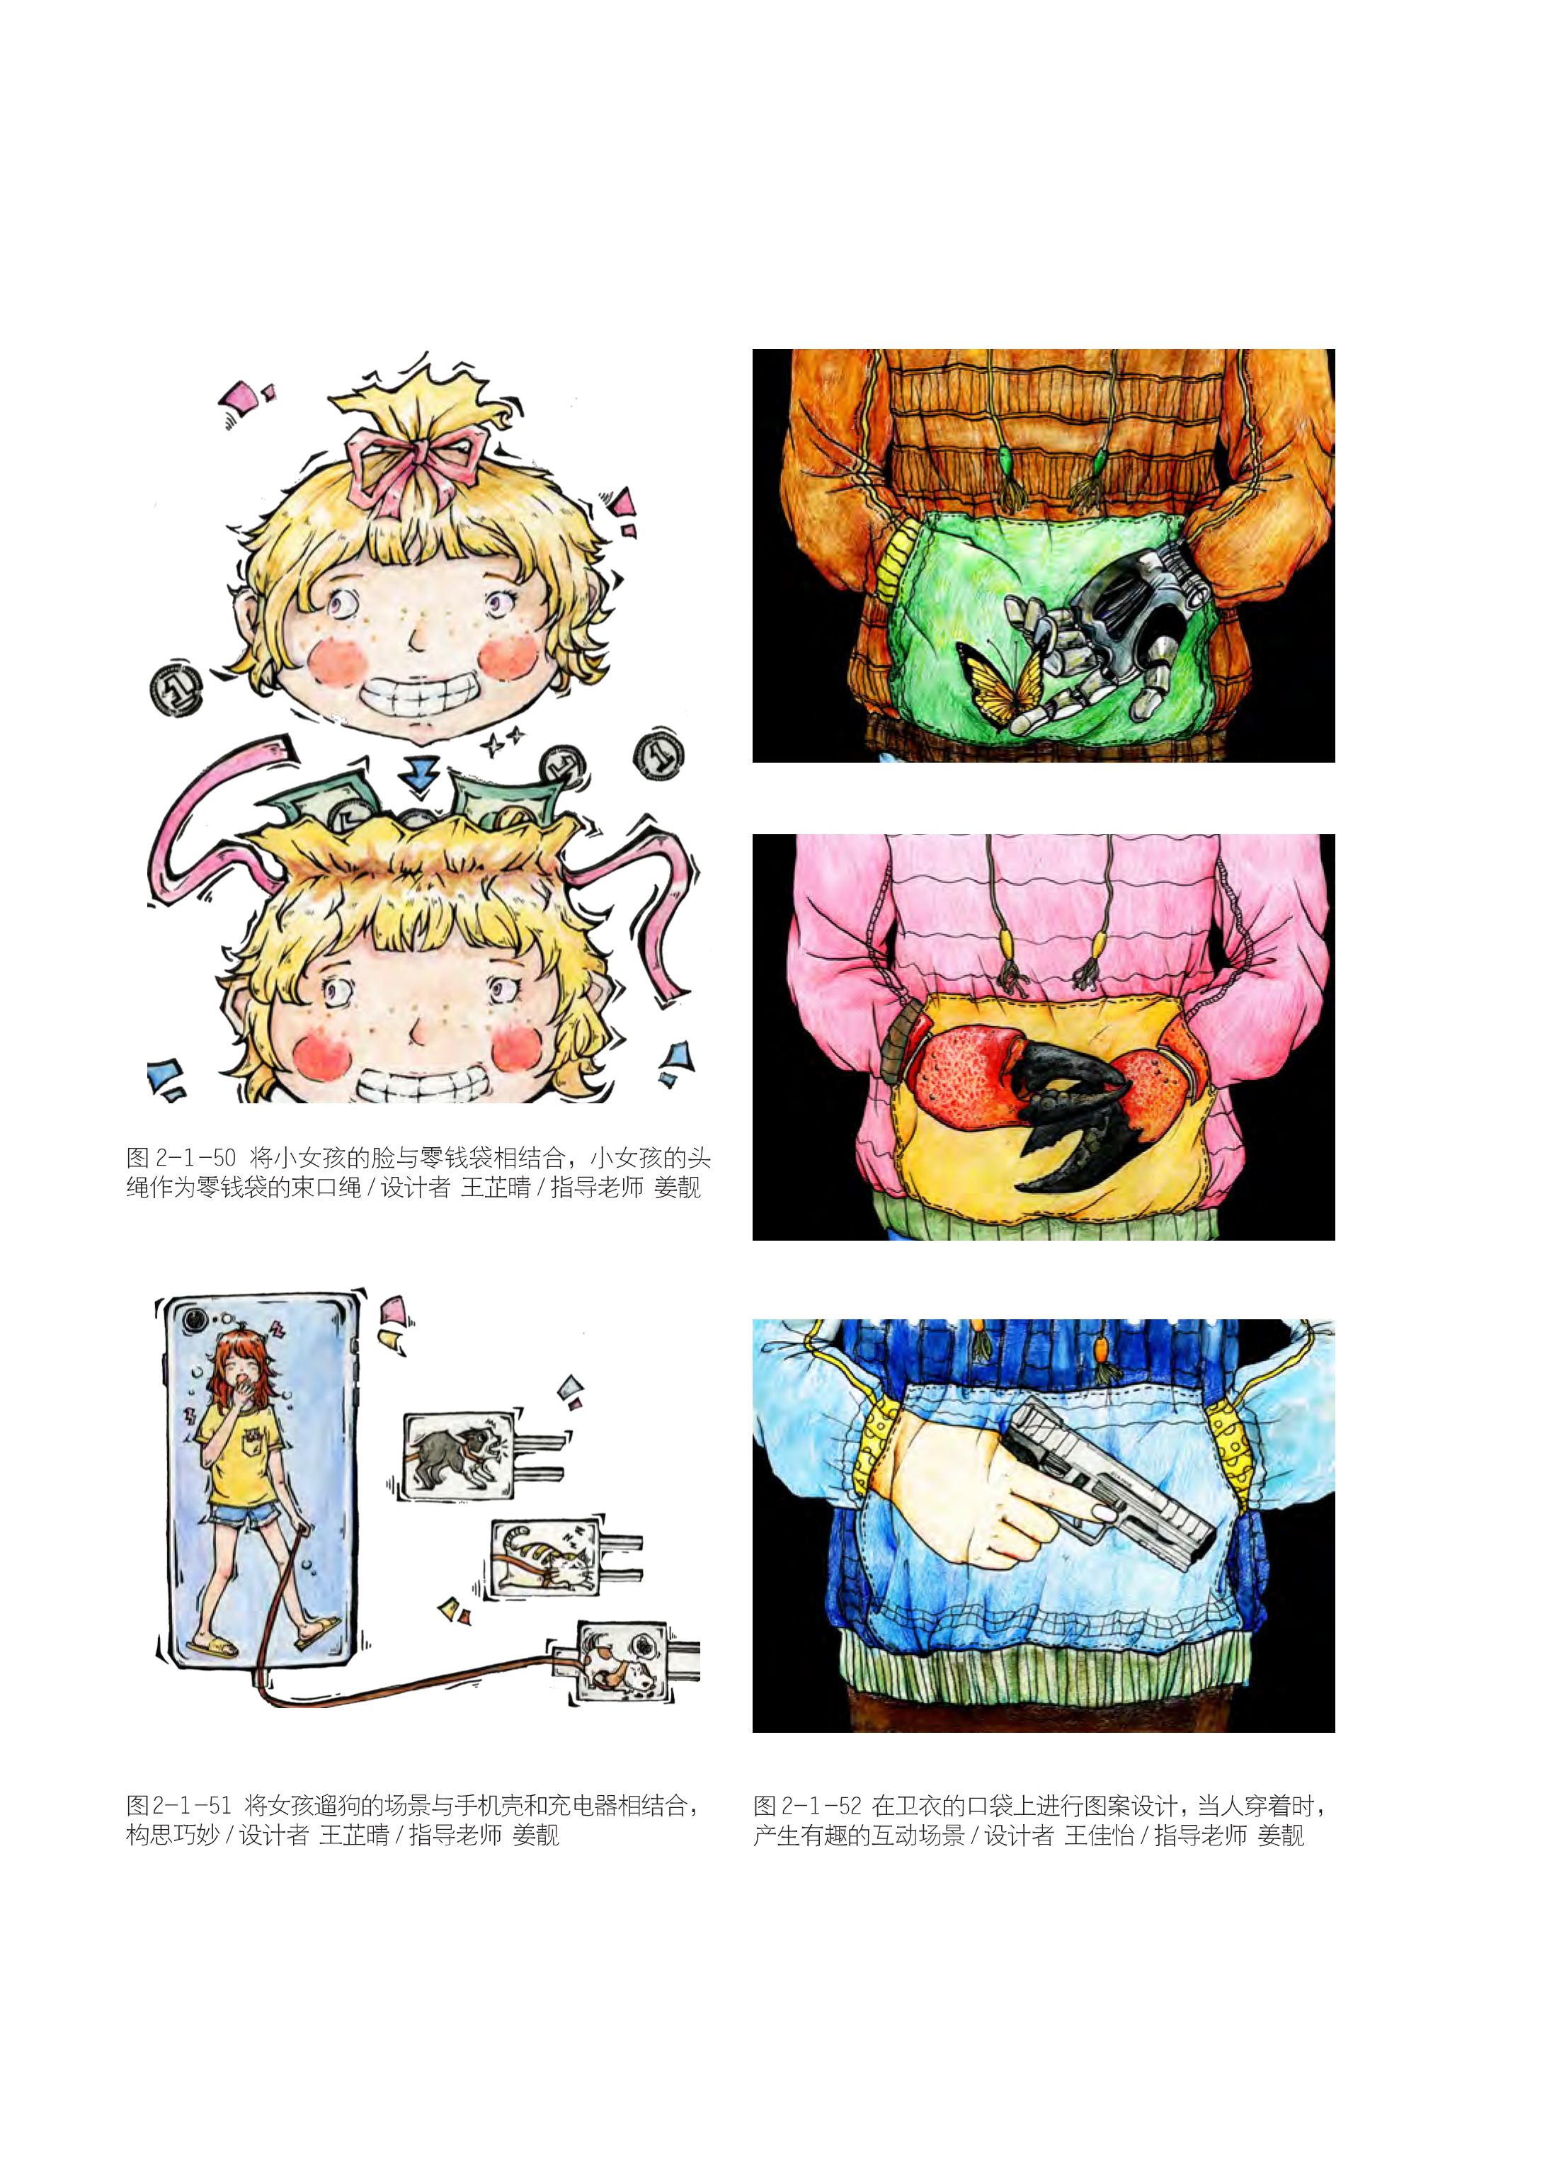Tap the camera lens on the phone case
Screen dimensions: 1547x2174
pyautogui.click(x=196, y=1321)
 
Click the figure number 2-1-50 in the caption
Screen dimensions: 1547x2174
pyautogui.click(x=195, y=1158)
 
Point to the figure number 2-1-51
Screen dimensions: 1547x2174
pyautogui.click(x=190, y=1805)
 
